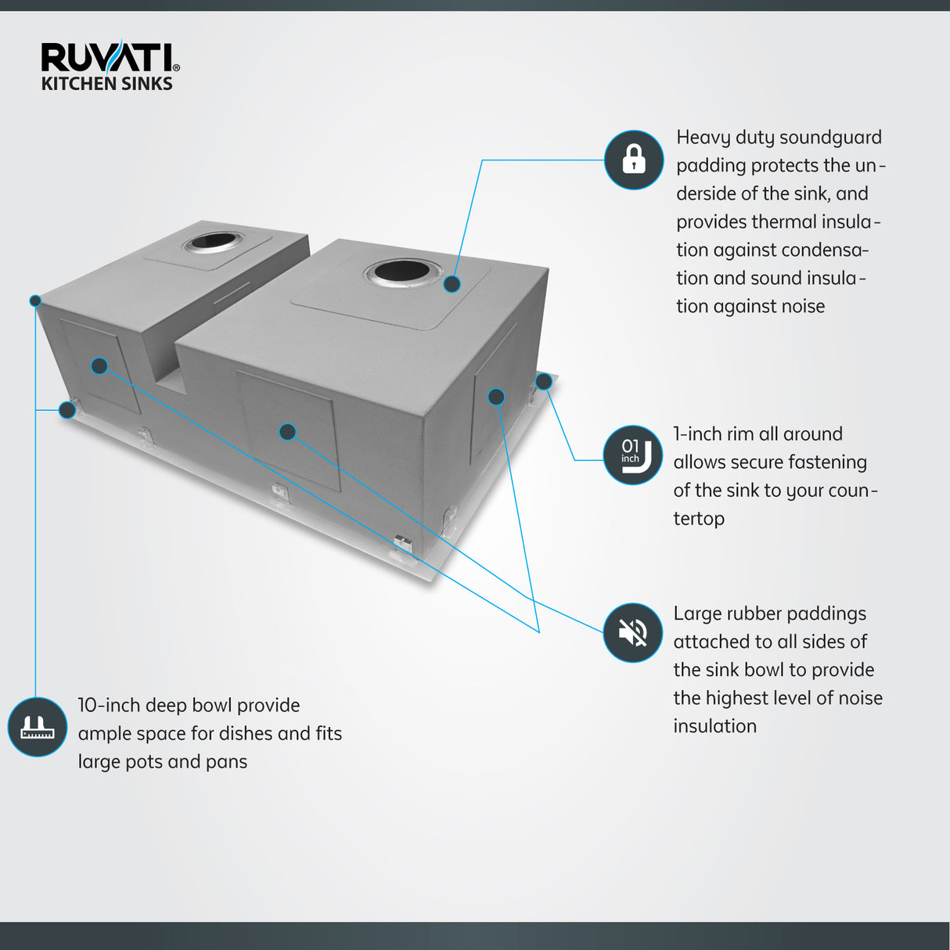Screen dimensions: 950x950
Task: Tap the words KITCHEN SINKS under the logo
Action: pyautogui.click(x=106, y=84)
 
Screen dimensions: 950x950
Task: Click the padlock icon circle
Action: pyautogui.click(x=634, y=160)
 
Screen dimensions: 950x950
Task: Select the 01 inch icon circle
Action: pyautogui.click(x=632, y=455)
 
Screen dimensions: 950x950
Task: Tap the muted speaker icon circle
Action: pyautogui.click(x=632, y=632)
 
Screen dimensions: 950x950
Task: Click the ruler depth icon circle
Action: pyautogui.click(x=37, y=727)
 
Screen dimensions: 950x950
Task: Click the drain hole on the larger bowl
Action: pyautogui.click(x=402, y=272)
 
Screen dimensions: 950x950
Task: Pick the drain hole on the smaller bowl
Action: pyautogui.click(x=213, y=241)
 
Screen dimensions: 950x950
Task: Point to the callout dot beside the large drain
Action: pyautogui.click(x=452, y=284)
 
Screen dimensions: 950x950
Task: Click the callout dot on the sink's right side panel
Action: pyautogui.click(x=496, y=397)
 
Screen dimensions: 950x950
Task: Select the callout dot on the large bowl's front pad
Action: pyautogui.click(x=287, y=431)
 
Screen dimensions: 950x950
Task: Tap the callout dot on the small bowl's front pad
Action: pyautogui.click(x=99, y=365)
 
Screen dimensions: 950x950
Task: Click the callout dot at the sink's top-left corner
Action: pyautogui.click(x=35, y=300)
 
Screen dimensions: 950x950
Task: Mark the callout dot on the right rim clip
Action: pyautogui.click(x=543, y=382)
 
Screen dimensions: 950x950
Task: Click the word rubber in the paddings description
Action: pyautogui.click(x=755, y=614)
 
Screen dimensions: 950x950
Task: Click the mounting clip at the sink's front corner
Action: pyautogui.click(x=403, y=543)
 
